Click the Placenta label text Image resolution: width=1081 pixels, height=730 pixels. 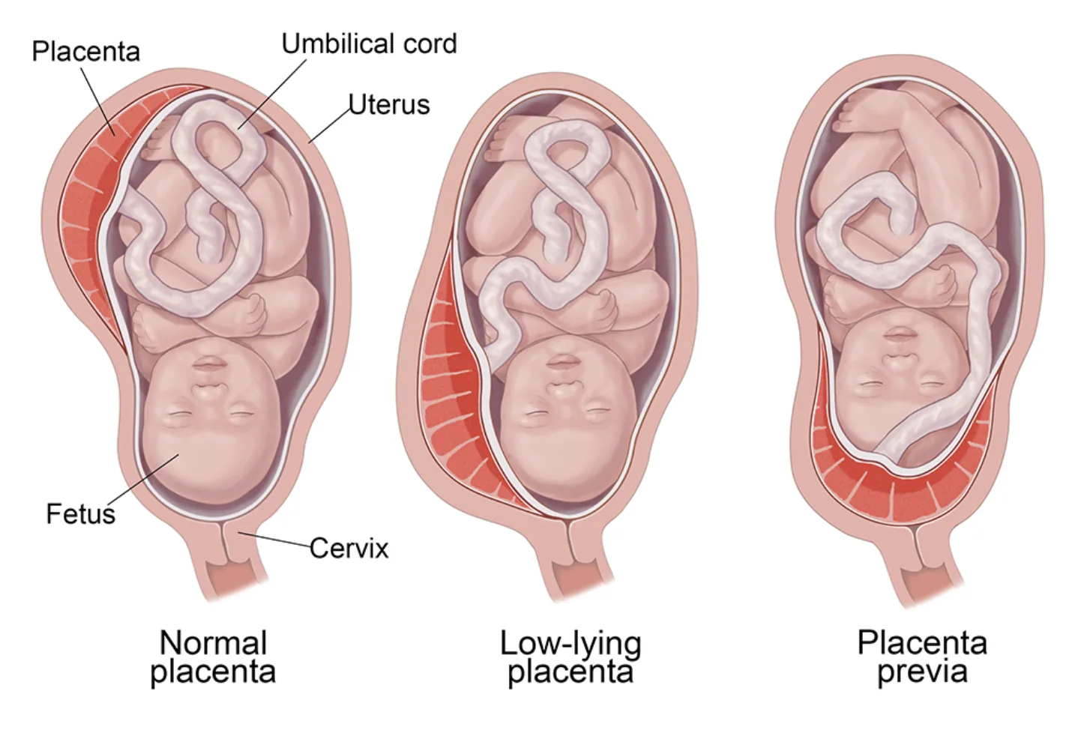86,51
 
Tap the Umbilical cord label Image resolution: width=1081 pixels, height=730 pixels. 369,44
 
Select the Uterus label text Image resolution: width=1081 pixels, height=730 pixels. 389,105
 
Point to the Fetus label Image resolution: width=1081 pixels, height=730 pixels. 81,513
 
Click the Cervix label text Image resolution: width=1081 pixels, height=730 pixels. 349,548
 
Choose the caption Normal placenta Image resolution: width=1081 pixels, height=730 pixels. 213,657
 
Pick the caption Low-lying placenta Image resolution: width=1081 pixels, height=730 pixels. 570,657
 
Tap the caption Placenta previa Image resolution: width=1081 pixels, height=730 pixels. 922,657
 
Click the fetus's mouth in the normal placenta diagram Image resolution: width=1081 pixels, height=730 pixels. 208,363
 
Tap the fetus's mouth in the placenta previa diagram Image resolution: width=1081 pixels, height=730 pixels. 898,334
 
